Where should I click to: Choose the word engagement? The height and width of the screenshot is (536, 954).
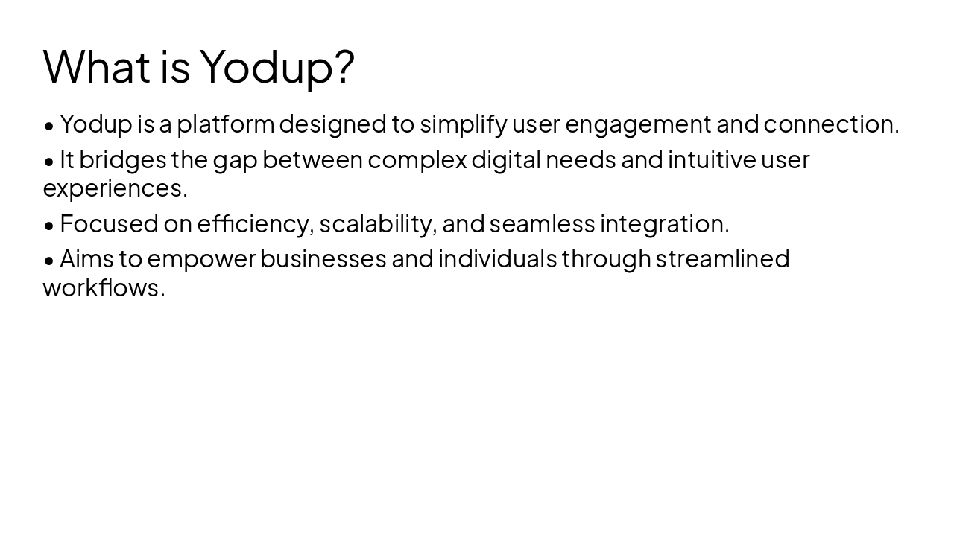click(638, 124)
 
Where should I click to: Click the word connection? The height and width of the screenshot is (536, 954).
click(830, 124)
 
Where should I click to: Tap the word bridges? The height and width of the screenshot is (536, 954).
click(123, 159)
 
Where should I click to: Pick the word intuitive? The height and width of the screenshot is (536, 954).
click(712, 159)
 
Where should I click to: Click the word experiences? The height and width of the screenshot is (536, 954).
click(114, 188)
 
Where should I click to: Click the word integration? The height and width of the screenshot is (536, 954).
click(664, 223)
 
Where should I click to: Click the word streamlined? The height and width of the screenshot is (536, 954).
click(722, 258)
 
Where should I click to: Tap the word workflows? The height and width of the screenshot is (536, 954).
click(103, 287)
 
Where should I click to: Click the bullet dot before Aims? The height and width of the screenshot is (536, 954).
click(49, 260)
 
